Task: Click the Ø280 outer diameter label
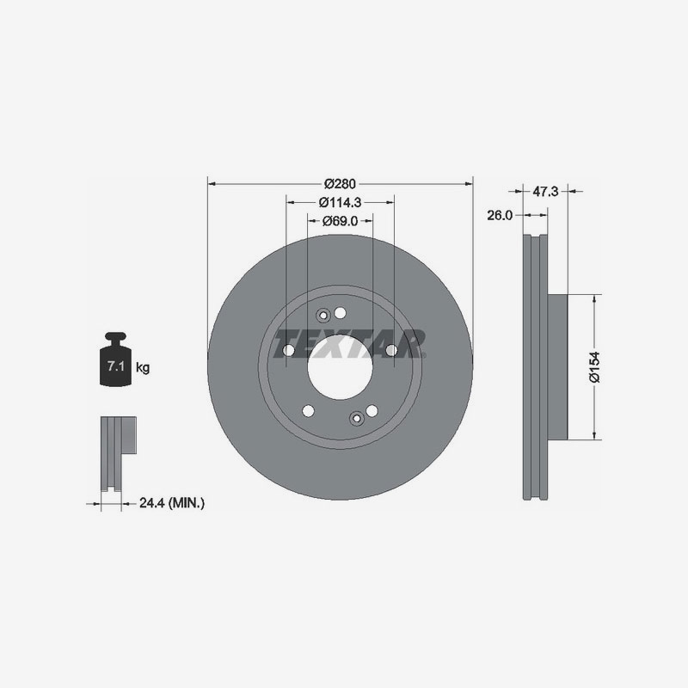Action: click(341, 183)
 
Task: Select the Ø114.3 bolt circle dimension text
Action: click(340, 203)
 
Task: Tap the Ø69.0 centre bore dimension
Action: click(341, 221)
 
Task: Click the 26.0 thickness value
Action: click(500, 215)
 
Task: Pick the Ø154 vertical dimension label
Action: click(593, 366)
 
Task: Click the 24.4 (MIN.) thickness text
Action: click(172, 502)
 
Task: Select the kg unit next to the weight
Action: click(143, 368)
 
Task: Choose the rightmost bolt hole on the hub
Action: click(391, 350)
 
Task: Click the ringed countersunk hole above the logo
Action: click(324, 314)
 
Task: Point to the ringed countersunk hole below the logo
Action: click(357, 418)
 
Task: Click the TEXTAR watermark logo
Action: click(348, 346)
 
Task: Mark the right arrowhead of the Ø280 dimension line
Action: click(470, 183)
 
